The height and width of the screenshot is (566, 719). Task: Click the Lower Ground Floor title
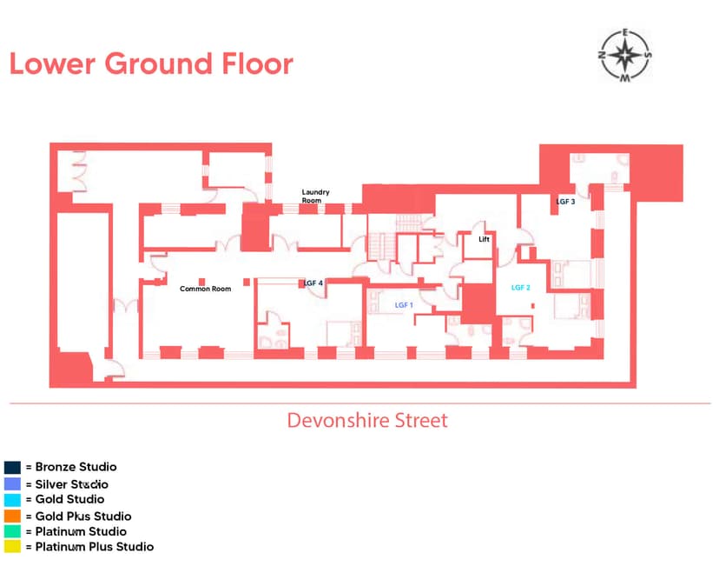click(x=151, y=63)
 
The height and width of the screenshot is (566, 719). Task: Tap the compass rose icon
click(x=625, y=56)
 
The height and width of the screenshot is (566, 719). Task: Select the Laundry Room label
click(x=315, y=196)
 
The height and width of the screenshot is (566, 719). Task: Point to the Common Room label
click(x=206, y=289)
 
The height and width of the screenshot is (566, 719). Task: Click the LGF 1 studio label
click(x=404, y=305)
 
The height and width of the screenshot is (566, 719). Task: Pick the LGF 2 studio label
click(x=520, y=288)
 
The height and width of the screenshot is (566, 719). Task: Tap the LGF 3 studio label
click(x=565, y=202)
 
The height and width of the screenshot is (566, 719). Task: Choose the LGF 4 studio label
click(x=313, y=283)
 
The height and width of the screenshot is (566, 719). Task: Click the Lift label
click(x=484, y=239)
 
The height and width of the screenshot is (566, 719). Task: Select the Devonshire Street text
click(x=367, y=421)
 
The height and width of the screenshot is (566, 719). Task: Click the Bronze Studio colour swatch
click(x=12, y=467)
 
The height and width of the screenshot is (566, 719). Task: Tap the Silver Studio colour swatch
click(x=12, y=483)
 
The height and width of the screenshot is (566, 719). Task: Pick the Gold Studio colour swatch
click(x=12, y=499)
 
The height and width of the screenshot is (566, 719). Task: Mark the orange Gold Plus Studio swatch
click(x=12, y=516)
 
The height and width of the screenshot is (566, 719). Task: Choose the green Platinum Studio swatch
click(x=12, y=531)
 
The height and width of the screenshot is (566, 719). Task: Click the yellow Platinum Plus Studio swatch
click(x=12, y=546)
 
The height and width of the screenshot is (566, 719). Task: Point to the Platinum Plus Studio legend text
click(x=95, y=547)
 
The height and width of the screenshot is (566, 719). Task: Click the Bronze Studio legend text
click(x=76, y=467)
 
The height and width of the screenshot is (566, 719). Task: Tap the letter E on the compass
click(x=625, y=33)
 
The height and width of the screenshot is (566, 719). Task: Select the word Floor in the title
click(x=257, y=63)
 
